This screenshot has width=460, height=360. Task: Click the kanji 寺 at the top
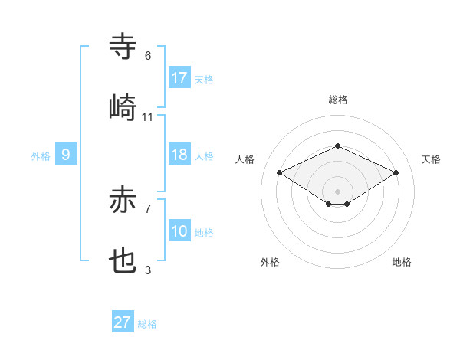coord(123,47)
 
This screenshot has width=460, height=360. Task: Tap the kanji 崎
coord(123,107)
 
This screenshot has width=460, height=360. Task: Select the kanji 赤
coord(123,201)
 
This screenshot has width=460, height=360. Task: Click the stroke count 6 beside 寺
coord(148,56)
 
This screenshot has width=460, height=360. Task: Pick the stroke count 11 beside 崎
coord(148,116)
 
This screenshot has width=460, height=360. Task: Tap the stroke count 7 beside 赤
coord(148,208)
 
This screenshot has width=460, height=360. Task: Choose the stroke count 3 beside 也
coord(148,270)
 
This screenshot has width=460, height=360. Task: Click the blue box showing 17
coord(179,78)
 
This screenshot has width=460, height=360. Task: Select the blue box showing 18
coord(179,155)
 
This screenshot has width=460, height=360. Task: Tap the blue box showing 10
coord(179,231)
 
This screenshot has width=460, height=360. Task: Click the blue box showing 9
coord(66,155)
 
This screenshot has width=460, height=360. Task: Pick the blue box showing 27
coord(122,322)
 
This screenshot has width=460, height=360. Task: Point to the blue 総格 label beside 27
coord(147,324)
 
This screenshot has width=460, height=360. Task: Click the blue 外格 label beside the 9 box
coord(41,156)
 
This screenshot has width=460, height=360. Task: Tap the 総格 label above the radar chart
coord(338,100)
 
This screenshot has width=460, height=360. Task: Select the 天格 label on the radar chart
coord(431,159)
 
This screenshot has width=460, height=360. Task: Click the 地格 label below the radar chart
coord(402,262)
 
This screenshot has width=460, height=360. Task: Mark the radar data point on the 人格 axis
coord(280,173)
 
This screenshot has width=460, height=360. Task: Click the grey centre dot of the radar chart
coord(337,190)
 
